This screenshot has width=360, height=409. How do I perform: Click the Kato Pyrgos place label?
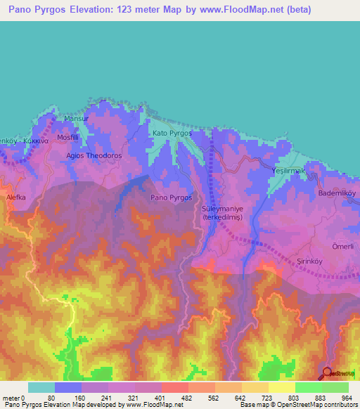click(172, 132)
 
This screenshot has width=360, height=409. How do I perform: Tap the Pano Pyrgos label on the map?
click(172, 197)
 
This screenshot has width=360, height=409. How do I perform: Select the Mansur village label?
click(76, 118)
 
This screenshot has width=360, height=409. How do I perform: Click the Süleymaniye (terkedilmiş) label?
click(221, 214)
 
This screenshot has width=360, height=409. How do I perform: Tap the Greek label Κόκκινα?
click(35, 141)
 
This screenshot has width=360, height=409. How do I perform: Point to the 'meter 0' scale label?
click(14, 398)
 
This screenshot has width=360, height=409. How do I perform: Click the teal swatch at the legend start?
click(41, 387)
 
